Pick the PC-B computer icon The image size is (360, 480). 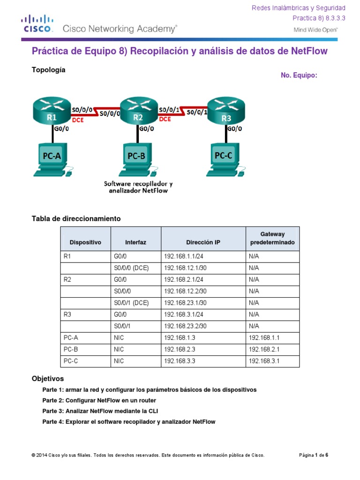click(x=137, y=160)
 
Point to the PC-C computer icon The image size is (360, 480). click(x=225, y=160)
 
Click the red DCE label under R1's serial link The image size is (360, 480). click(x=78, y=119)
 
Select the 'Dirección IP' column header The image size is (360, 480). click(x=202, y=242)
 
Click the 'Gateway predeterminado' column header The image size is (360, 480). click(x=272, y=238)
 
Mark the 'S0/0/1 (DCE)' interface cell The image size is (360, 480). click(x=131, y=303)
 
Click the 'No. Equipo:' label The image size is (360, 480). click(x=299, y=75)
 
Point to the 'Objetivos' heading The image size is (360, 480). click(x=47, y=378)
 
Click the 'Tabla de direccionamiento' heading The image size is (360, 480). click(x=76, y=218)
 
